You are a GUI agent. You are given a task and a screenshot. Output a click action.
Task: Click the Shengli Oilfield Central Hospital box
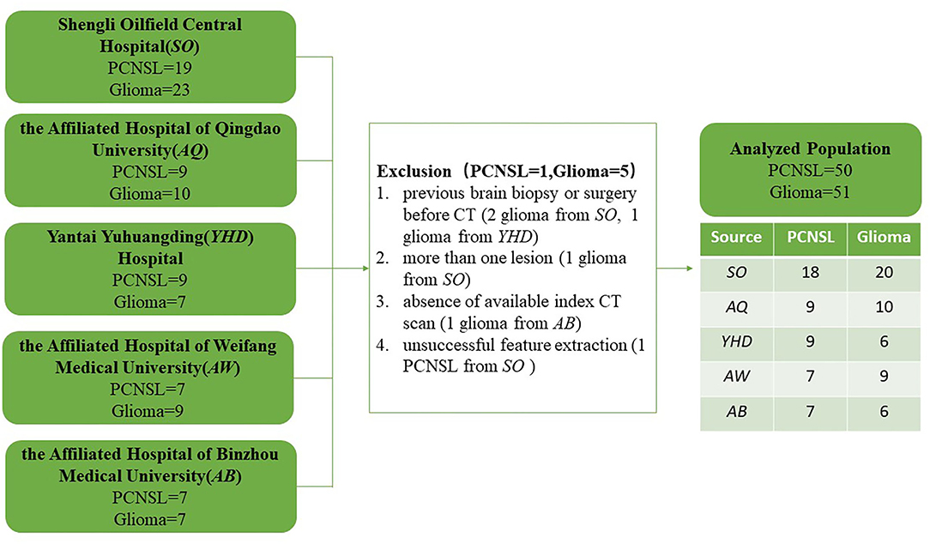[151, 57]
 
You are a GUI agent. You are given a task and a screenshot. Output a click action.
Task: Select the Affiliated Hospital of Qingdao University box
[151, 160]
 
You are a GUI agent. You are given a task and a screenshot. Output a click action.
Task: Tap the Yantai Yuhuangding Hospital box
[151, 269]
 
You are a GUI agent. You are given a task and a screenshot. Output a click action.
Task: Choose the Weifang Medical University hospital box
[148, 378]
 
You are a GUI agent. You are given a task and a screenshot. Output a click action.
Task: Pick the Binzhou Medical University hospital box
[151, 487]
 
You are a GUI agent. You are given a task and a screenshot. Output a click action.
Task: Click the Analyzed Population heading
[810, 148]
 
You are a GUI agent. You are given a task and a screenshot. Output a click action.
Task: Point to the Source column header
[736, 238]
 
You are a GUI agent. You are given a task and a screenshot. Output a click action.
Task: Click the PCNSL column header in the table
[810, 238]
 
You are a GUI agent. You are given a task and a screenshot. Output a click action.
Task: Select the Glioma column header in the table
[884, 238]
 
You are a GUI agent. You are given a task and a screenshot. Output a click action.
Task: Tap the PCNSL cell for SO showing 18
[810, 272]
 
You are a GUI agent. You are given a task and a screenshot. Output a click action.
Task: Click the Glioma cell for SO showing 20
[884, 272]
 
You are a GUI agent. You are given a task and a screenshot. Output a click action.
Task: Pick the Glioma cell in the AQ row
[884, 307]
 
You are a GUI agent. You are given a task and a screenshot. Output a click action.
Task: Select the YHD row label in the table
[737, 342]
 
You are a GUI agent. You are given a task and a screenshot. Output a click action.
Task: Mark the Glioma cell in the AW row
[884, 376]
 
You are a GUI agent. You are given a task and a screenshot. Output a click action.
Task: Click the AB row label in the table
[737, 412]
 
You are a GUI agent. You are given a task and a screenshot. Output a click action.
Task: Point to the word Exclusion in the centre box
[414, 172]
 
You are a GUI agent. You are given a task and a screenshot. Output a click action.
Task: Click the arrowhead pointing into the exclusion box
[365, 269]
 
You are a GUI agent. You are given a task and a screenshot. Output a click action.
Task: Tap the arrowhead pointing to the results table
[689, 269]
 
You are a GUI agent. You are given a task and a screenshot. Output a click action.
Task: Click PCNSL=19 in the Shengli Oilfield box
[149, 69]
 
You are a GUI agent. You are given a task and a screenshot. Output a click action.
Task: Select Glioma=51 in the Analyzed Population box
[810, 192]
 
